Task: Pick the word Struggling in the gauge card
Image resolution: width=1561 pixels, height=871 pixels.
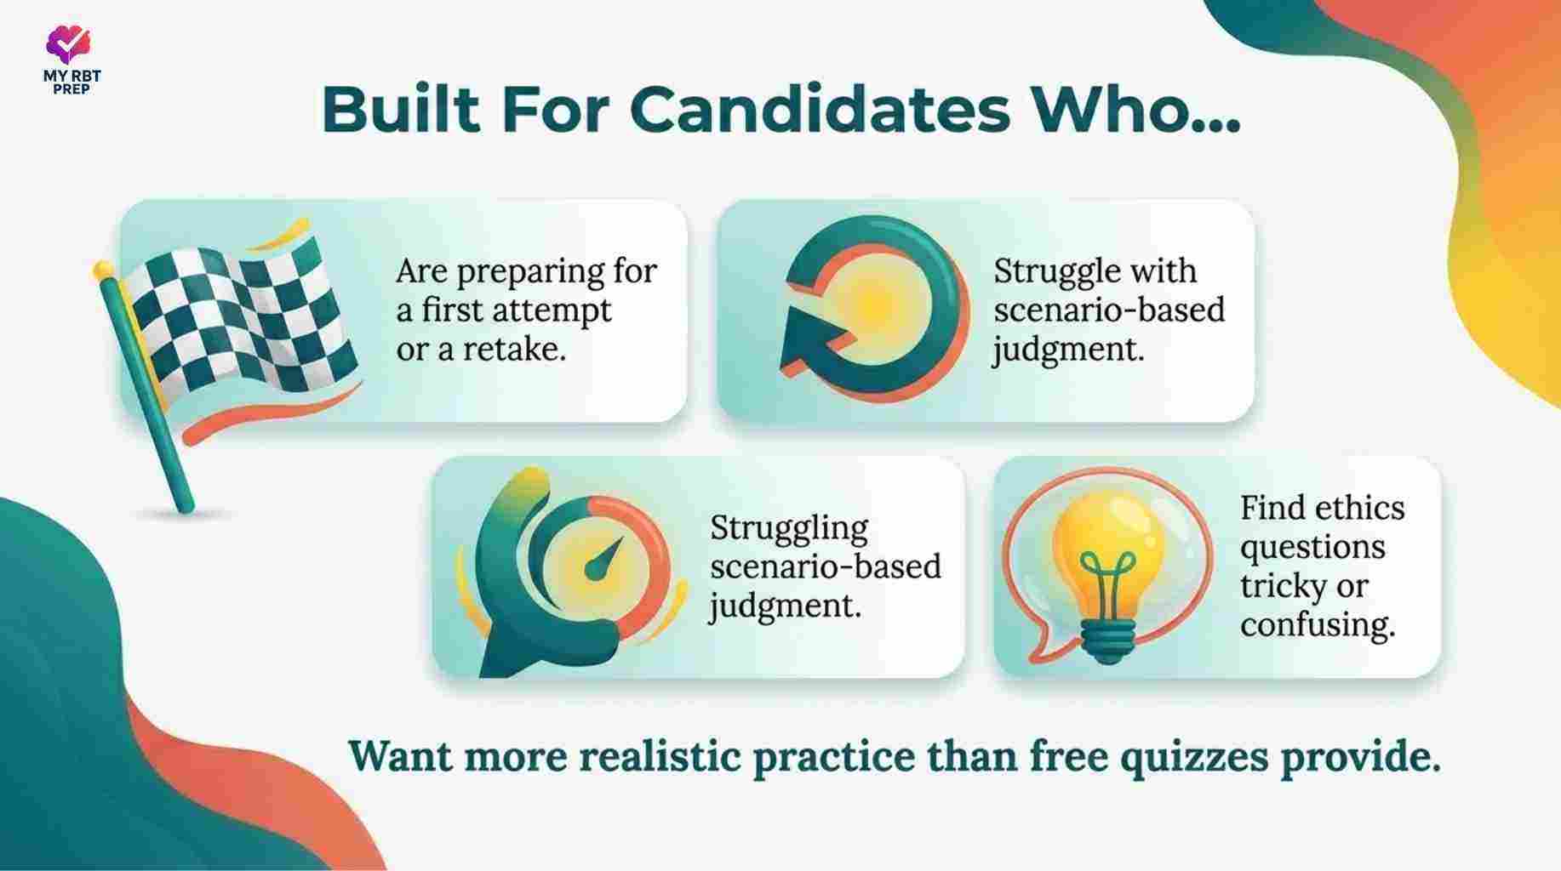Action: click(x=789, y=529)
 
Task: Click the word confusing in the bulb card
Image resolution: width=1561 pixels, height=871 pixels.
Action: click(x=1318, y=626)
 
